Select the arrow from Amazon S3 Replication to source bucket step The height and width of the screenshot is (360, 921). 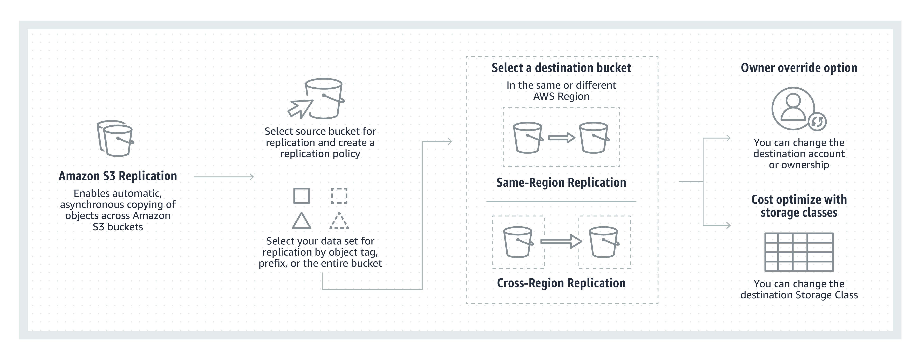(223, 177)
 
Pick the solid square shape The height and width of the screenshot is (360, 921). (301, 196)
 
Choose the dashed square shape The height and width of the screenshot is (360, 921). (339, 196)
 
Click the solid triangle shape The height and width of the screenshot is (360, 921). (301, 221)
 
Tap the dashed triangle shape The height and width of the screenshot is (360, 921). (339, 221)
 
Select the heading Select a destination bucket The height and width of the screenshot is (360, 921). (561, 68)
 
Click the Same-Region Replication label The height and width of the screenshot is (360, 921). (561, 183)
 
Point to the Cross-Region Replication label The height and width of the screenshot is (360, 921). (561, 283)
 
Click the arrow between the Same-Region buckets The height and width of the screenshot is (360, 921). (561, 138)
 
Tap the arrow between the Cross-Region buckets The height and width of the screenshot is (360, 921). (561, 242)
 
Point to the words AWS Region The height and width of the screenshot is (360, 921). (561, 96)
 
